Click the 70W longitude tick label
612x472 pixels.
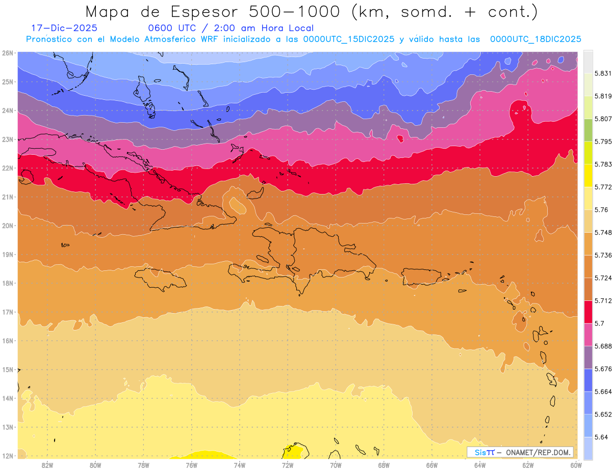[x=336, y=465]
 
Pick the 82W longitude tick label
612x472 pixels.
[x=47, y=465]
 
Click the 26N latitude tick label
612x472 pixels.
[x=7, y=53]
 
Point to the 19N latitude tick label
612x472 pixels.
[x=7, y=255]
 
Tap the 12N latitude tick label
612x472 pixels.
[x=7, y=456]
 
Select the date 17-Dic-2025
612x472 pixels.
[x=64, y=29]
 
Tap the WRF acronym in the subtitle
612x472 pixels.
[x=211, y=39]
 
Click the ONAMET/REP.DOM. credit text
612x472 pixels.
[x=539, y=452]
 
